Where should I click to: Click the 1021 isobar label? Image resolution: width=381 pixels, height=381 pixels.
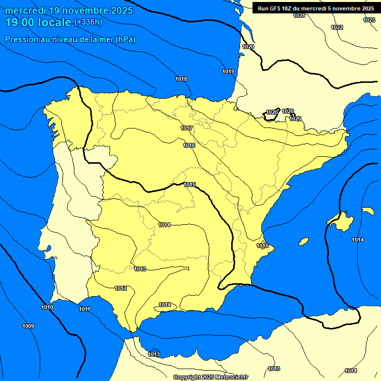click(299, 16)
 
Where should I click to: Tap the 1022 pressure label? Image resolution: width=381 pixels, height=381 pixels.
click(337, 27)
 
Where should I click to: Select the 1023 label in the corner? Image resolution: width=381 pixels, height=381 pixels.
click(369, 20)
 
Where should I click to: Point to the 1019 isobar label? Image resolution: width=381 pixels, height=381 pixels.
click(228, 71)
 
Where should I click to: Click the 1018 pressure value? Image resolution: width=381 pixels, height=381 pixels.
click(181, 79)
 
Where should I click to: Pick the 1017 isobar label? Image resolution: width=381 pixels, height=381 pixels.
click(187, 128)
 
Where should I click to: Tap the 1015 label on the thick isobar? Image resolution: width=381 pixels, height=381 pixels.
click(190, 185)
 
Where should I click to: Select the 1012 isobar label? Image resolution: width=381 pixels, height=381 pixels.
click(121, 288)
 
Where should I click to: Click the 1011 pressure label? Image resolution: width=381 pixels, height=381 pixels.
click(84, 309)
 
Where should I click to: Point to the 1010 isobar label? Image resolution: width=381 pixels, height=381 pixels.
click(47, 307)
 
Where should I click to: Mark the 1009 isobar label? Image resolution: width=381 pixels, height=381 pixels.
click(28, 326)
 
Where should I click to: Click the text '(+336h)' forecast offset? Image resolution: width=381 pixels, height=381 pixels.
click(88, 22)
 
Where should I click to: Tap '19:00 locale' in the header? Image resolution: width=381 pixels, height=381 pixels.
click(38, 22)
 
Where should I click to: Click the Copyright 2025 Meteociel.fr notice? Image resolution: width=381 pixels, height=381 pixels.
click(210, 377)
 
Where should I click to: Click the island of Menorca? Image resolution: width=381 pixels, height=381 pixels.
click(368, 211)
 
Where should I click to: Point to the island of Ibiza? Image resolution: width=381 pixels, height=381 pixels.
click(303, 242)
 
